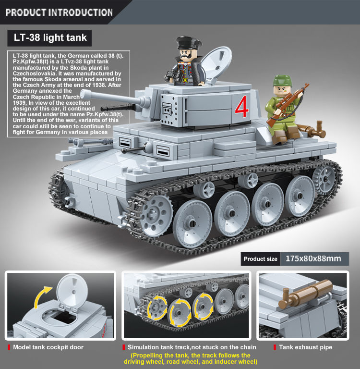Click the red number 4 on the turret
(242, 106)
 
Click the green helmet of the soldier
(282, 81)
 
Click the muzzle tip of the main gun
(83, 94)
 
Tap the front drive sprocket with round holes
(155, 215)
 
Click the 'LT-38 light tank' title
(50, 37)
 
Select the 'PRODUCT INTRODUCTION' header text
(59, 12)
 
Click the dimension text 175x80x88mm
(313, 258)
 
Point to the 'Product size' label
(260, 259)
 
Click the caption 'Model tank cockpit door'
(48, 347)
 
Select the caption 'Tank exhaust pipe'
(305, 347)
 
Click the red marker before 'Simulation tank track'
(123, 347)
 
